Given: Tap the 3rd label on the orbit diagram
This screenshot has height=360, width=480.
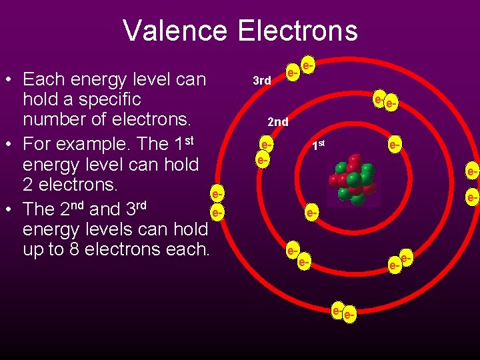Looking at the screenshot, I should (x=262, y=81).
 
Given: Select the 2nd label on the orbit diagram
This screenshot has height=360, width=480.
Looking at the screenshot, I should (x=277, y=122).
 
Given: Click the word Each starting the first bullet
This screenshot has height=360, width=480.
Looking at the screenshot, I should (x=44, y=79).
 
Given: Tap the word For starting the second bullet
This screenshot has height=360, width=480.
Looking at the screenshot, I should (x=37, y=143).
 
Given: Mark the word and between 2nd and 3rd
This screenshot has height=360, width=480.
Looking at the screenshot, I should (x=105, y=209).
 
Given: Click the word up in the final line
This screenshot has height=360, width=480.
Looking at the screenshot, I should (x=34, y=251).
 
